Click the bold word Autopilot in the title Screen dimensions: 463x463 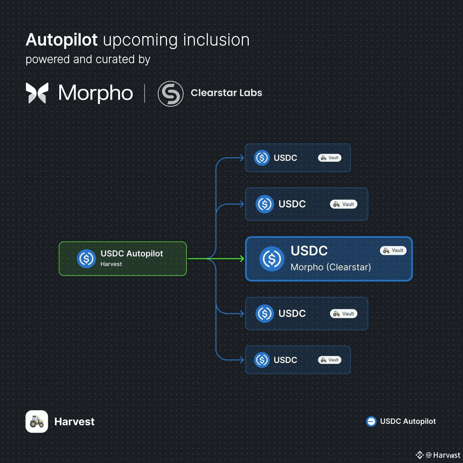62,40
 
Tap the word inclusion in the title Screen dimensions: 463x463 216,40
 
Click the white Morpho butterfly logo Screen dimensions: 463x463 37,93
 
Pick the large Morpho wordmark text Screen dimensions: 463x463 96,93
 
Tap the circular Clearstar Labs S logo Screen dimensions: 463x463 170,94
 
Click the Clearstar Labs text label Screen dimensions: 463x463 226,93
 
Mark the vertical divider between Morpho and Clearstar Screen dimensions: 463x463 144,93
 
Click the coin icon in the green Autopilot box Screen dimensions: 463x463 86,259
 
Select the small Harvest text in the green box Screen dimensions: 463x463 111,264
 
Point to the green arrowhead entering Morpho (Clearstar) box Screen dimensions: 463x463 242,259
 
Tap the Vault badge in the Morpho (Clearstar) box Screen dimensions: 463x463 393,250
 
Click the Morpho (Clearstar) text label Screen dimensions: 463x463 331,267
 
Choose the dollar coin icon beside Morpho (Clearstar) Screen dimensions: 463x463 272,259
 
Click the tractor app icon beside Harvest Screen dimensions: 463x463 37,421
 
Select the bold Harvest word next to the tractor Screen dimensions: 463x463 74,422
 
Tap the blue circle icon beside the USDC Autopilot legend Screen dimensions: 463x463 371,421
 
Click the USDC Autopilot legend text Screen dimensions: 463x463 408,421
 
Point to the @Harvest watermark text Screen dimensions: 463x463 443,455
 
